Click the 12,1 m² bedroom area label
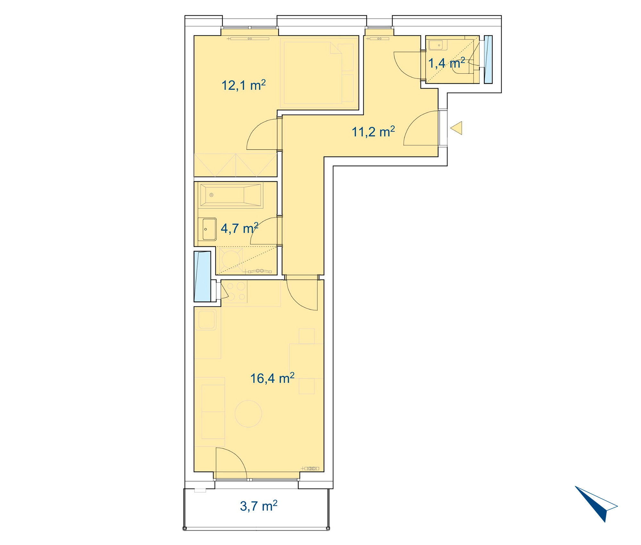click(244, 85)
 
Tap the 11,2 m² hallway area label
click(373, 132)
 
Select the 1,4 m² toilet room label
click(446, 63)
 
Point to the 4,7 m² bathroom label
click(239, 228)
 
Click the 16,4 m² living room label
click(272, 378)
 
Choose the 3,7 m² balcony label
click(259, 506)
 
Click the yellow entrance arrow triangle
click(456, 128)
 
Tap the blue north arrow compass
click(596, 504)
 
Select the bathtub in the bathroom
click(230, 195)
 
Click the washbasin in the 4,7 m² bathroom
click(207, 229)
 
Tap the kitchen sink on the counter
click(207, 320)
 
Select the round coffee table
click(248, 414)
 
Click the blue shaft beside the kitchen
click(202, 276)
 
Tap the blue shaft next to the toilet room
click(488, 60)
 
